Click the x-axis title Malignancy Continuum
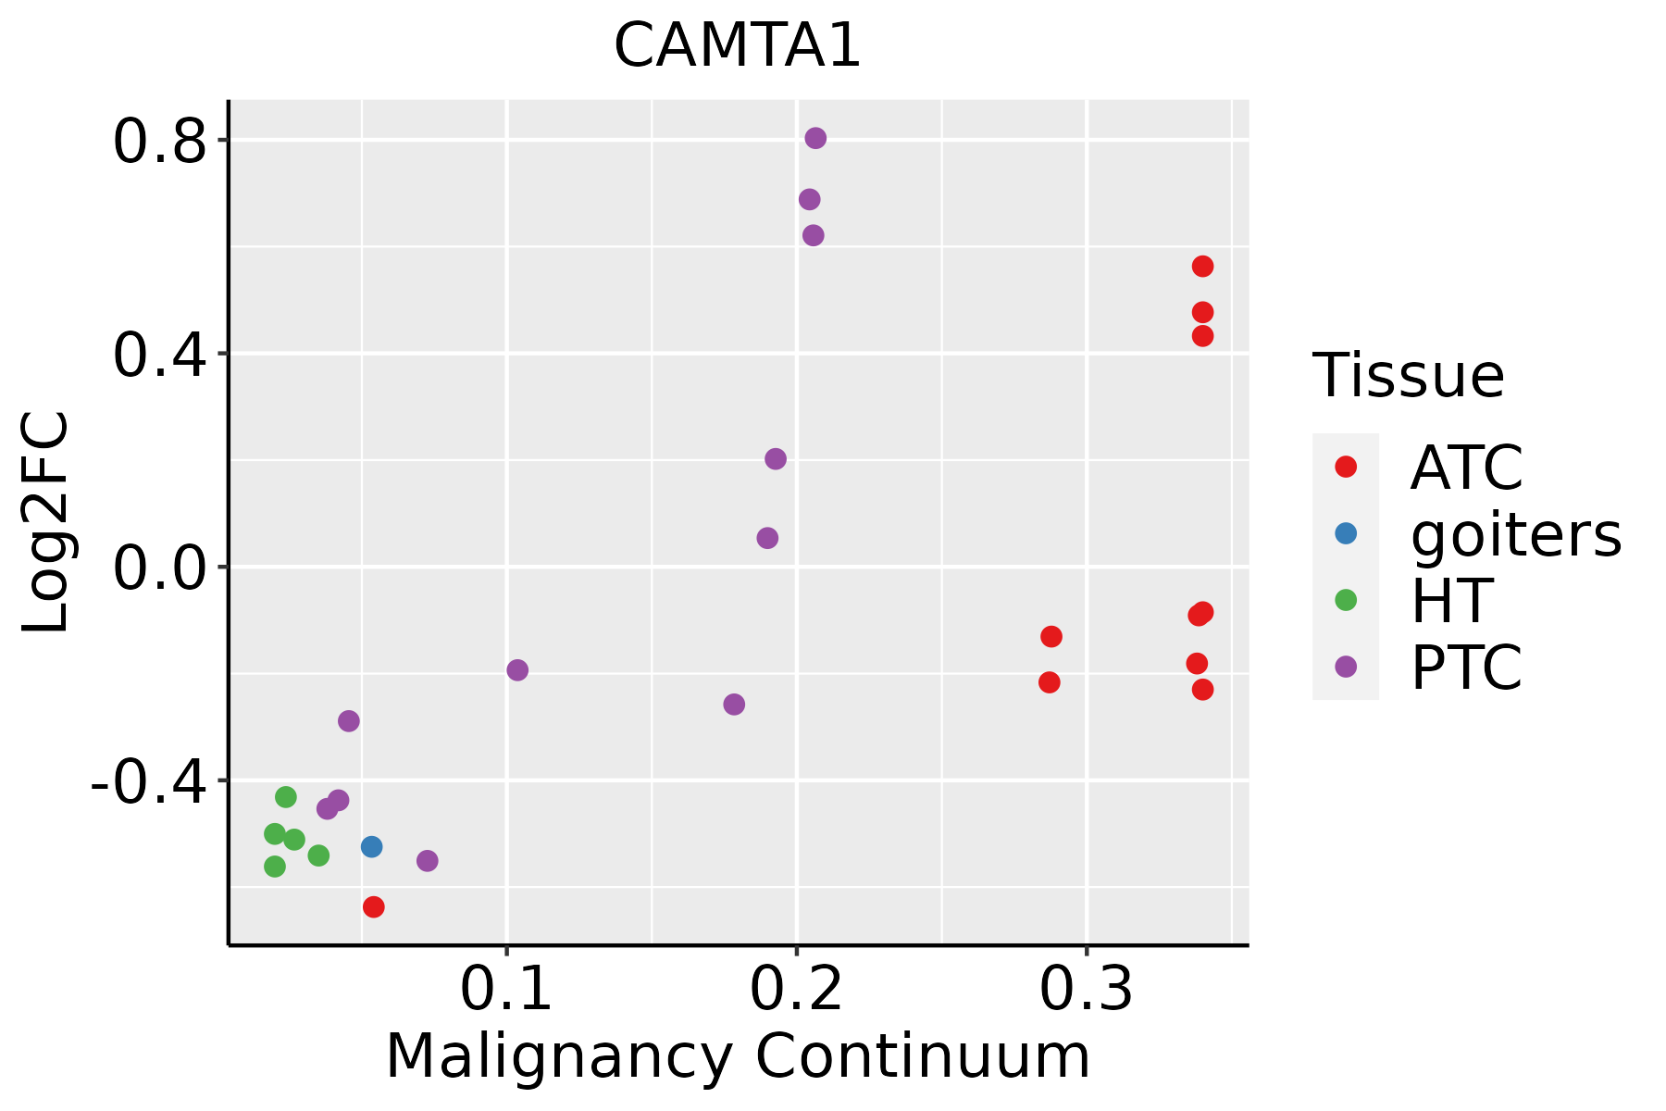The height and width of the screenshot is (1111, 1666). pyautogui.click(x=738, y=1056)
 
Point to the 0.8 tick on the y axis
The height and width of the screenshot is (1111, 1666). pyautogui.click(x=158, y=142)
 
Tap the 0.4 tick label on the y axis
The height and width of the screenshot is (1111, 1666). pyautogui.click(x=158, y=355)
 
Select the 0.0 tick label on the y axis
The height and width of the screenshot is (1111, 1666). pyautogui.click(x=158, y=568)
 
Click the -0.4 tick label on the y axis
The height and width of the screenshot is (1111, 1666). pyautogui.click(x=148, y=781)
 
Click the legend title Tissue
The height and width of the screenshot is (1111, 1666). pyautogui.click(x=1408, y=376)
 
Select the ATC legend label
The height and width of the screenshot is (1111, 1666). pyautogui.click(x=1466, y=468)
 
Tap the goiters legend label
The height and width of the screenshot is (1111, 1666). pyautogui.click(x=1515, y=534)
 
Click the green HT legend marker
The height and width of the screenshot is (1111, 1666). pyautogui.click(x=1346, y=600)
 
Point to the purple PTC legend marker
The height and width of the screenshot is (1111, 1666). pyautogui.click(x=1346, y=667)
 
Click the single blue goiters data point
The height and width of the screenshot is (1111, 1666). pyautogui.click(x=372, y=846)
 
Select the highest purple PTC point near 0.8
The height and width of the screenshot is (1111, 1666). pyautogui.click(x=815, y=138)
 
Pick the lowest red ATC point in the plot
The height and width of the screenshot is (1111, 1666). pyautogui.click(x=374, y=906)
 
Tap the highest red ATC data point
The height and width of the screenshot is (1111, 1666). pyautogui.click(x=1202, y=267)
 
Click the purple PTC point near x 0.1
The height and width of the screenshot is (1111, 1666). pyautogui.click(x=517, y=669)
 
